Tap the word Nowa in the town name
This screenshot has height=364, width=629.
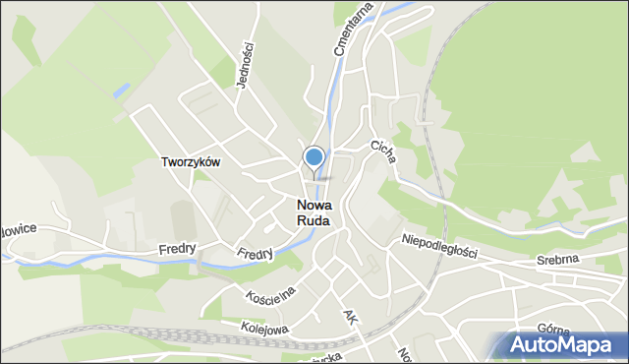pyautogui.click(x=314, y=206)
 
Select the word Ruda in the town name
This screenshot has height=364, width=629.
pyautogui.click(x=314, y=221)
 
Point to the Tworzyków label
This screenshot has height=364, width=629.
pyautogui.click(x=191, y=162)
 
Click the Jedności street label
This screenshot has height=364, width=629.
pyautogui.click(x=246, y=64)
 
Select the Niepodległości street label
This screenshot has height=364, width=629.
pyautogui.click(x=439, y=246)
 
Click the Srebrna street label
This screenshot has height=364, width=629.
pyautogui.click(x=557, y=259)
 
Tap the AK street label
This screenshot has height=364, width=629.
pyautogui.click(x=349, y=318)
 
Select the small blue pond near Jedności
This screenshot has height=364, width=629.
pyautogui.click(x=121, y=90)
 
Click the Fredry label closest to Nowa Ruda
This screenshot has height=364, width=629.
pyautogui.click(x=255, y=254)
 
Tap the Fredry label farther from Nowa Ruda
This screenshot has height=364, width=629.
pyautogui.click(x=177, y=249)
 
